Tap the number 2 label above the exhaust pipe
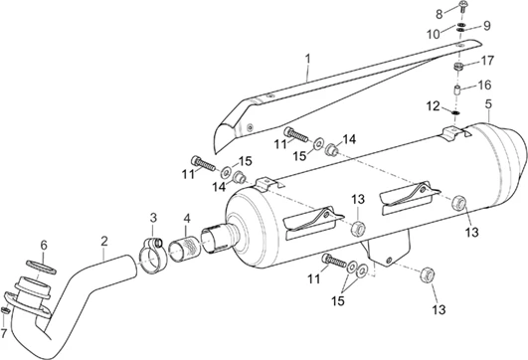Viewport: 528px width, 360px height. coord(104,241)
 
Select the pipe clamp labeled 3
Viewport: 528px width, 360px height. coord(150,256)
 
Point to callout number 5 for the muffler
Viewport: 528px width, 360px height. coord(488,104)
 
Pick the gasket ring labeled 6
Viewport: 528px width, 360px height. coord(41,266)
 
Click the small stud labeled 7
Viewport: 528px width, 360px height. coord(5,309)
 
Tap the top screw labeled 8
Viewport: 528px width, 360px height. coord(462,7)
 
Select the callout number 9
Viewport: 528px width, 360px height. coord(486,26)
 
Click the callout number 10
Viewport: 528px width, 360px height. coord(434,34)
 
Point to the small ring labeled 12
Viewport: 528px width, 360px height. coord(455,112)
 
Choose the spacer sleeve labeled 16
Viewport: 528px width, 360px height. coord(456,90)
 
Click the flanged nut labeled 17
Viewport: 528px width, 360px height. coord(458,67)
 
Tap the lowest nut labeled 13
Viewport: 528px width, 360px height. coord(427,274)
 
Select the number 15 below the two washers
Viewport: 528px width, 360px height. coord(338,300)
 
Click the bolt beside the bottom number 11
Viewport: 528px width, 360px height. coord(335,261)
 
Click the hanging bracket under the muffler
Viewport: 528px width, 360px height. coord(387,249)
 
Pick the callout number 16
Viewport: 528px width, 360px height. coord(484,85)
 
